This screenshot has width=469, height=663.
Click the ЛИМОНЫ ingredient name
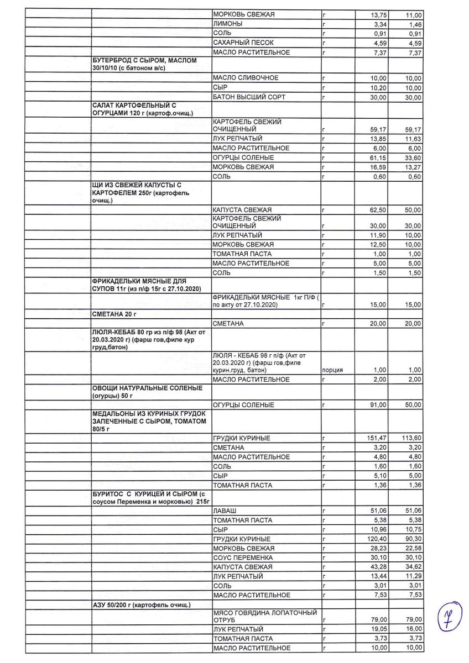227,24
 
